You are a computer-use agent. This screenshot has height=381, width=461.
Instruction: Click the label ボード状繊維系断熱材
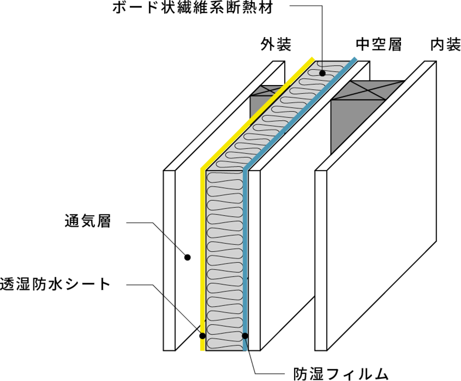coord(192,8)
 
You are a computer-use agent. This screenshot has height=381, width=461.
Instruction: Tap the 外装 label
coord(276,45)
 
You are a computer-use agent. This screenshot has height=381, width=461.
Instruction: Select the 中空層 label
coord(379,45)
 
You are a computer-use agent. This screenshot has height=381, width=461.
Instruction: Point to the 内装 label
coord(445,45)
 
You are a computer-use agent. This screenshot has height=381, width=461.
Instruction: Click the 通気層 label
coord(88,221)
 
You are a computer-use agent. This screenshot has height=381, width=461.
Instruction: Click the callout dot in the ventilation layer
coord(187,257)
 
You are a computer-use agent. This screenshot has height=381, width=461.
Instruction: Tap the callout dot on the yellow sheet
coord(202,336)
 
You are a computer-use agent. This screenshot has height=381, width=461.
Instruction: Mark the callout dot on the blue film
coord(245,336)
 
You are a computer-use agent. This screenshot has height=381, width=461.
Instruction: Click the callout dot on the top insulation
coord(322,73)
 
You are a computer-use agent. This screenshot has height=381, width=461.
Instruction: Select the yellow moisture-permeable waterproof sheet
coord(203,245)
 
